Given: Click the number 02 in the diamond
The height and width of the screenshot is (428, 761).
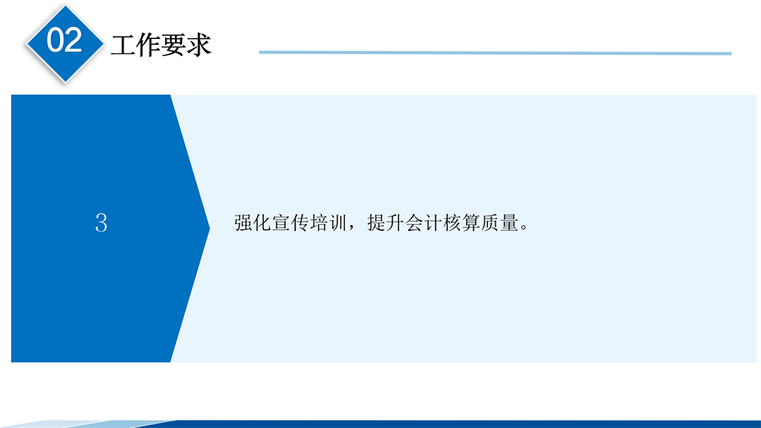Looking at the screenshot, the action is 64,40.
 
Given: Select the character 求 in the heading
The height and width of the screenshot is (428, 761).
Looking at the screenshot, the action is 199,45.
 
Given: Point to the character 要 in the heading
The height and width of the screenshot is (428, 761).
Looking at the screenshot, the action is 173,45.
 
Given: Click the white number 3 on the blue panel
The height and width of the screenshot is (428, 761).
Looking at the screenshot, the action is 101,223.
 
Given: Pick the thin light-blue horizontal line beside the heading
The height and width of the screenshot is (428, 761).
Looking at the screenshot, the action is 495,52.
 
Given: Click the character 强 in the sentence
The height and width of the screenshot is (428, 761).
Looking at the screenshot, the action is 244,223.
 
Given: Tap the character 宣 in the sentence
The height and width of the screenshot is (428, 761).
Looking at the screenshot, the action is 281,223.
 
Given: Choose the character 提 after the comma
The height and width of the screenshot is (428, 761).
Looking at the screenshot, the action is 376,223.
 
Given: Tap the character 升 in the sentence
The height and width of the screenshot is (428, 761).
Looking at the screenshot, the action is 395,223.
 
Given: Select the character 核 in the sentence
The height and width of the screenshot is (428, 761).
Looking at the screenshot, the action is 452,223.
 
